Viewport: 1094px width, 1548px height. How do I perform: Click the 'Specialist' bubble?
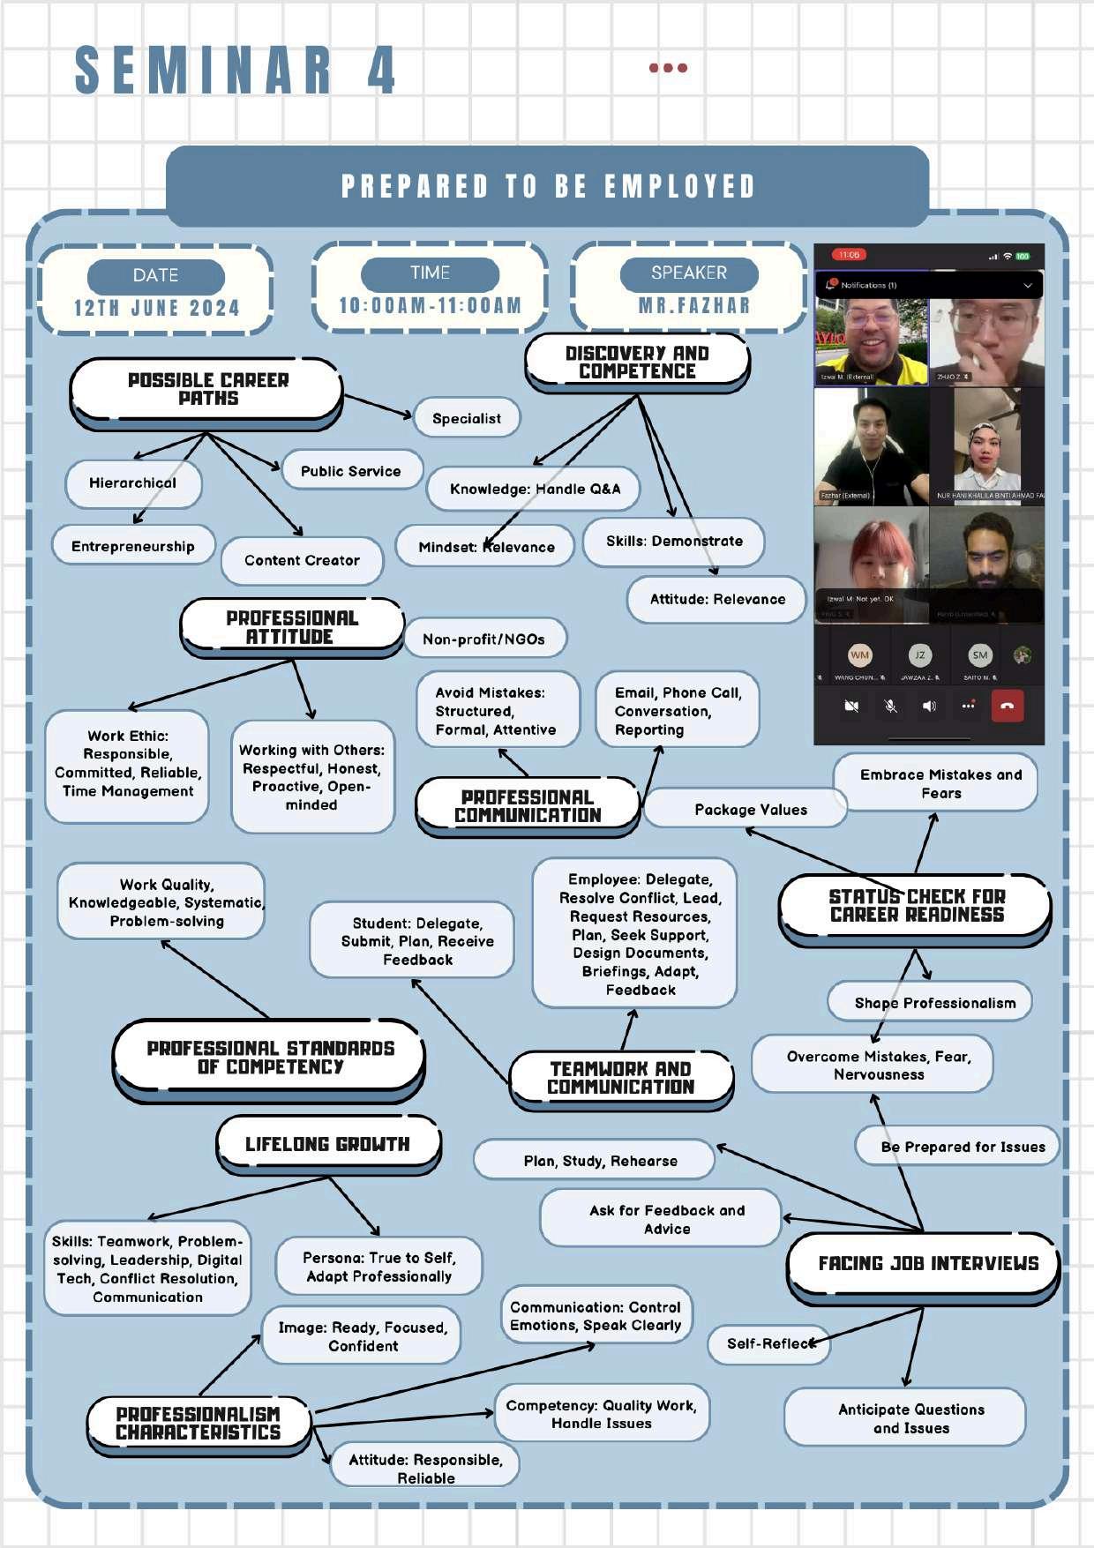pos(467,418)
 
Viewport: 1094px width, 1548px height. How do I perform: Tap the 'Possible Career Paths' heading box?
pos(207,389)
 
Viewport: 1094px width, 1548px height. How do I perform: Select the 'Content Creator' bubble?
pos(302,560)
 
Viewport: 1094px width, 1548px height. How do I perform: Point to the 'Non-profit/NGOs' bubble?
pos(483,639)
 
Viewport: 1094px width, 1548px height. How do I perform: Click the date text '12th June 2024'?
pos(156,308)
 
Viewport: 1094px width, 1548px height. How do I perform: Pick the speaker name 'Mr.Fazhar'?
pos(693,305)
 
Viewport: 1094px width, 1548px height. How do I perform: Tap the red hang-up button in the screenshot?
pos(1008,706)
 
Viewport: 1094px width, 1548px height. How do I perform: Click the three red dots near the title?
pos(668,68)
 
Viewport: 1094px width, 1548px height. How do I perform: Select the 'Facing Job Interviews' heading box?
pos(927,1263)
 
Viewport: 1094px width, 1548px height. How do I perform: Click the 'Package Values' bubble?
pos(750,810)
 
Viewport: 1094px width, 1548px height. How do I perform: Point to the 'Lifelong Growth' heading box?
pos(327,1144)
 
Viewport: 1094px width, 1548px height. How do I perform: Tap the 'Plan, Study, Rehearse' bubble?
pos(600,1161)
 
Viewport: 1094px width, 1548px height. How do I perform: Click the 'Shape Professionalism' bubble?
pos(934,1003)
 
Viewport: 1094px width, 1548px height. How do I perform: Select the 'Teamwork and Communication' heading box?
pos(620,1078)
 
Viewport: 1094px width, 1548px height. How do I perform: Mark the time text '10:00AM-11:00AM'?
pos(430,305)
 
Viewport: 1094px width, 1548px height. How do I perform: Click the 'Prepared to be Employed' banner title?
pos(548,186)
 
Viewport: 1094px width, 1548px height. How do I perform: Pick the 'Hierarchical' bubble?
pos(132,482)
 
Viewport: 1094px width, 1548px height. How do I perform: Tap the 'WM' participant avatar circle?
pos(859,655)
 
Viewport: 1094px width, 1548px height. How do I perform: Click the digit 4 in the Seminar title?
pos(381,71)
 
